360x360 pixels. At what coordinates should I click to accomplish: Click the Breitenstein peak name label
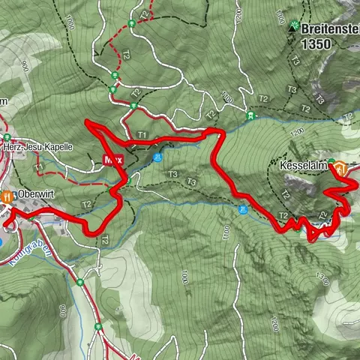330,29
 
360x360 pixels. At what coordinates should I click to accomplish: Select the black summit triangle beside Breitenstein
293,27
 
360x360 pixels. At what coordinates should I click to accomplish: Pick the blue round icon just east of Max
157,158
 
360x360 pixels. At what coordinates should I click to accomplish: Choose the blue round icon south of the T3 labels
242,210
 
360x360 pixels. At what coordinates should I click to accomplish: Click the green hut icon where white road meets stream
251,116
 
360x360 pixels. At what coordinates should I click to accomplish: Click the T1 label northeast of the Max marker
142,134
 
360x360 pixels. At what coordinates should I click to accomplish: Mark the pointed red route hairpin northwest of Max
88,122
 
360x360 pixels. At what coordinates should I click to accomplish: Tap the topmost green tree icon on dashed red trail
132,22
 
